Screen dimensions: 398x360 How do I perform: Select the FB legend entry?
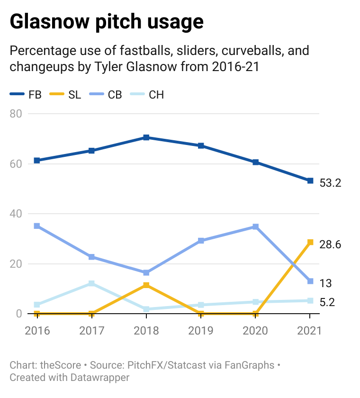[x=26, y=94]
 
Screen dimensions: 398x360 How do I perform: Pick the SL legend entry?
[x=66, y=94]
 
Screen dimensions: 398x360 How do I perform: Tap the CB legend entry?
[x=107, y=94]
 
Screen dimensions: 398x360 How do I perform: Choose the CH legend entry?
[x=148, y=94]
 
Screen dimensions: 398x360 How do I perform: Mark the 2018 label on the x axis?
[x=146, y=330]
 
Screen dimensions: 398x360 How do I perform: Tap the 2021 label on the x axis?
[x=310, y=330]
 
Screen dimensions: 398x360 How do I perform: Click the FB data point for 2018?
[x=146, y=137]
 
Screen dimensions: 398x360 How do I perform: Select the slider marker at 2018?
[x=146, y=285]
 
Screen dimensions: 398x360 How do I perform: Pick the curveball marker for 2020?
[x=256, y=226]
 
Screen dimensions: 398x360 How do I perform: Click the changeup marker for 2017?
[x=91, y=283]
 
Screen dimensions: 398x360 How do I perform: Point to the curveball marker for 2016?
[x=37, y=226]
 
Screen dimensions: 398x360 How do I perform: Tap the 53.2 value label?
[x=331, y=183]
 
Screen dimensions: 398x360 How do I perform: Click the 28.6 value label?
[x=331, y=244]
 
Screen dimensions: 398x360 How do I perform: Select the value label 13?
[x=325, y=283]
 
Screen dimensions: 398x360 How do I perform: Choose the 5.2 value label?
[x=327, y=302]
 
